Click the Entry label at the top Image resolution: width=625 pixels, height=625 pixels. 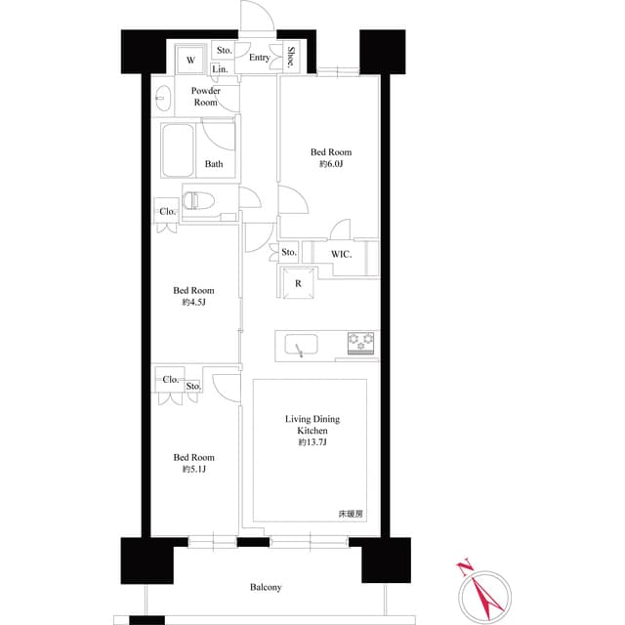[259, 59]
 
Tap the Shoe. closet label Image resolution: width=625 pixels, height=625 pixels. [292, 58]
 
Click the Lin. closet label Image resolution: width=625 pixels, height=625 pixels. [219, 69]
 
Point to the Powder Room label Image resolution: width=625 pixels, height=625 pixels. [205, 97]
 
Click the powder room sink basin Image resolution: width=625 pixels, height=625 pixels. [163, 98]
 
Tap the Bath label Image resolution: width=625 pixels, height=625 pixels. [213, 164]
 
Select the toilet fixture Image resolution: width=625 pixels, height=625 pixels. [199, 201]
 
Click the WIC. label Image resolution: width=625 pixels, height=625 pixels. [340, 254]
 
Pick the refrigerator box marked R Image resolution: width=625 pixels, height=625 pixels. [297, 283]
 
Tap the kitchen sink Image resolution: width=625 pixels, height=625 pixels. [300, 345]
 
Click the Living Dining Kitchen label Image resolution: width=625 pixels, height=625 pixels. [312, 425]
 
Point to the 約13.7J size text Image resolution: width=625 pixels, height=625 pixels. [312, 442]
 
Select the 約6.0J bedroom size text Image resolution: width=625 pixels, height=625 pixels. [331, 164]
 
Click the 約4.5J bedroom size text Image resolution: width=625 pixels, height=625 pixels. [193, 303]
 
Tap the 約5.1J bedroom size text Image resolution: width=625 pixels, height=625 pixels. [193, 470]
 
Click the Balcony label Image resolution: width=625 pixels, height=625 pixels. [266, 587]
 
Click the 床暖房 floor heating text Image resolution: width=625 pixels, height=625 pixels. [351, 514]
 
